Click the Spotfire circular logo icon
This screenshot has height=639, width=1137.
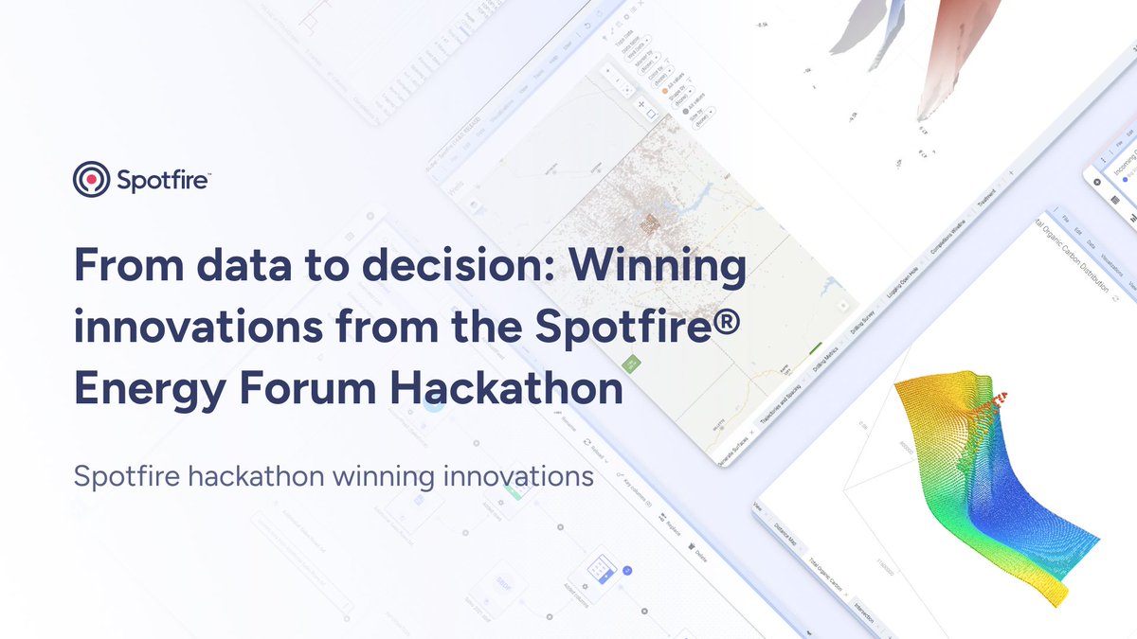pos(92,178)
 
